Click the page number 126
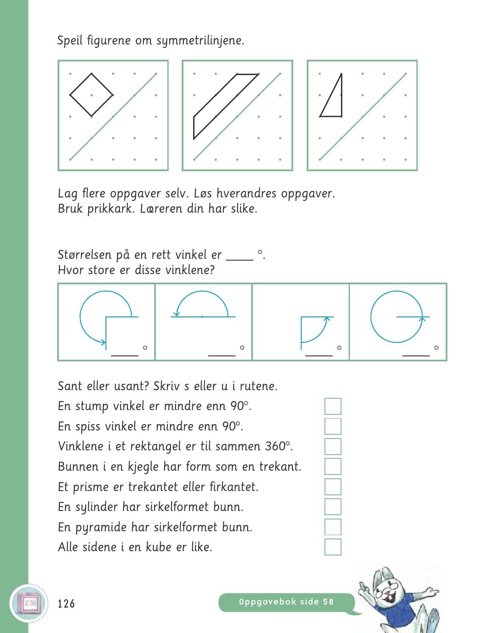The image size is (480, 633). pos(66,603)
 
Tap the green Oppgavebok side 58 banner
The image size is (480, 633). pos(286,602)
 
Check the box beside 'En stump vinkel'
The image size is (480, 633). pos(333,406)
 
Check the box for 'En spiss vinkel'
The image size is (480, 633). pos(333,426)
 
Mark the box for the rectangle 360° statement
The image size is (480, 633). pos(333,447)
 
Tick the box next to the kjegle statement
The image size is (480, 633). pos(333,466)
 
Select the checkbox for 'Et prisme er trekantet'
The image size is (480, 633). pos(333,487)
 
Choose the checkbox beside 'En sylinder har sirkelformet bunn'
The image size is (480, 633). pos(333,507)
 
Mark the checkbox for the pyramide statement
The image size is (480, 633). pos(333,527)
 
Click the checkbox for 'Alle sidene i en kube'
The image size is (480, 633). pos(333,547)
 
